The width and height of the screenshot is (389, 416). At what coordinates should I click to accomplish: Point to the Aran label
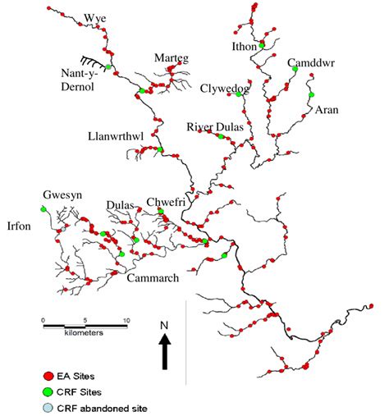pos(327,108)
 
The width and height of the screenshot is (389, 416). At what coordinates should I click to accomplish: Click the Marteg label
pos(172,57)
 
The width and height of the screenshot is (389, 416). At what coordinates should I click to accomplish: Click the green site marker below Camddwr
pos(294,70)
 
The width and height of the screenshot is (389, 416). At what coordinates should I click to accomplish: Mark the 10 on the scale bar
pos(126,320)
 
